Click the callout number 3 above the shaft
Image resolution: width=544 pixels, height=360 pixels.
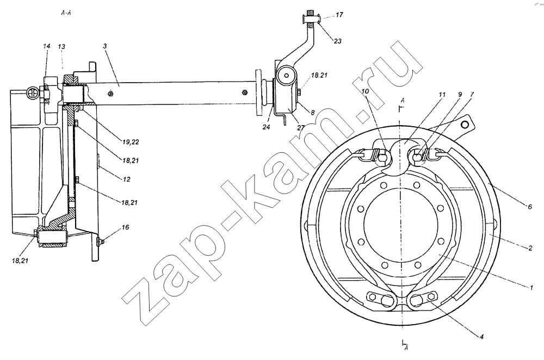104,46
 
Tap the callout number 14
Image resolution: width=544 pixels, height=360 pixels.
47,46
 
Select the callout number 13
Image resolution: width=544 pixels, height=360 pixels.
62,46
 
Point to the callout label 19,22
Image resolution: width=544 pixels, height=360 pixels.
131,141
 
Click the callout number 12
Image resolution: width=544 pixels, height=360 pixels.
126,179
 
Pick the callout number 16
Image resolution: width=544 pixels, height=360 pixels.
125,227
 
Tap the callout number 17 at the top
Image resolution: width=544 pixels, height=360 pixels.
339,15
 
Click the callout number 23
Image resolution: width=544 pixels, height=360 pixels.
338,41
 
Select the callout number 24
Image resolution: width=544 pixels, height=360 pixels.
266,127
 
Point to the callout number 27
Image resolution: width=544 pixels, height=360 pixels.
300,127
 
